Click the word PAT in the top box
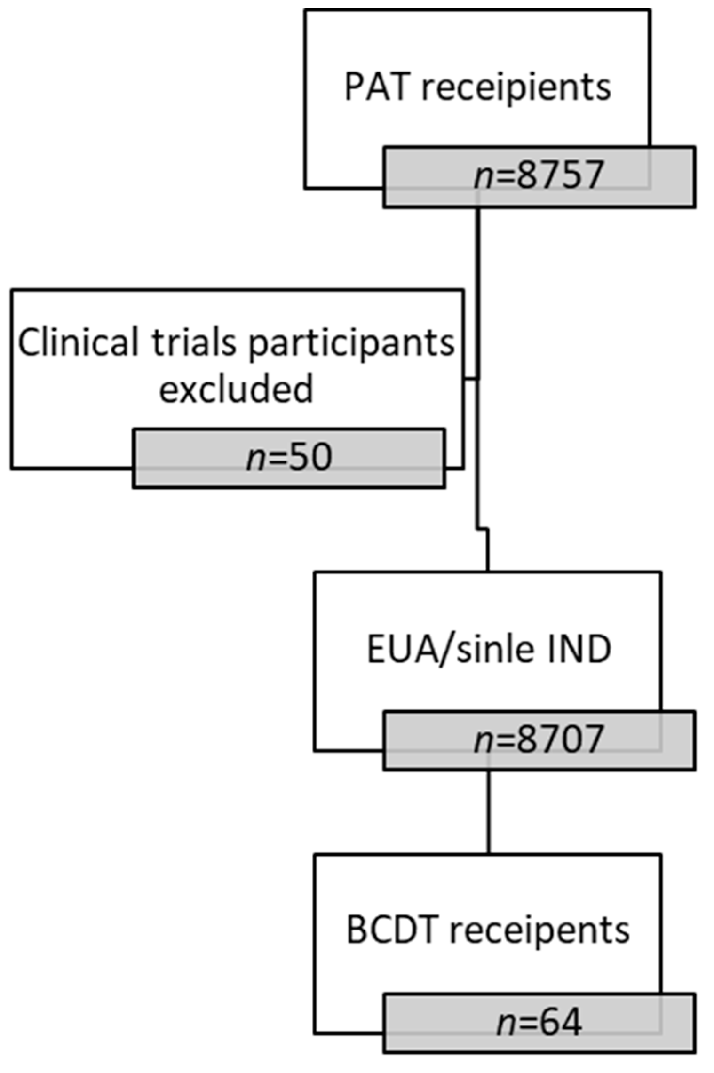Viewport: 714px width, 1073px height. (x=375, y=87)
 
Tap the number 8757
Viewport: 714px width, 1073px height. (x=559, y=175)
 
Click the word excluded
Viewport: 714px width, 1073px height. (x=236, y=389)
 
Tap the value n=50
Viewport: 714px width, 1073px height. (x=289, y=458)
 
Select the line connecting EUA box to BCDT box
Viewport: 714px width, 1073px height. (x=488, y=811)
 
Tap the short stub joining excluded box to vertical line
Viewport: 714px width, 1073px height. (x=471, y=378)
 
